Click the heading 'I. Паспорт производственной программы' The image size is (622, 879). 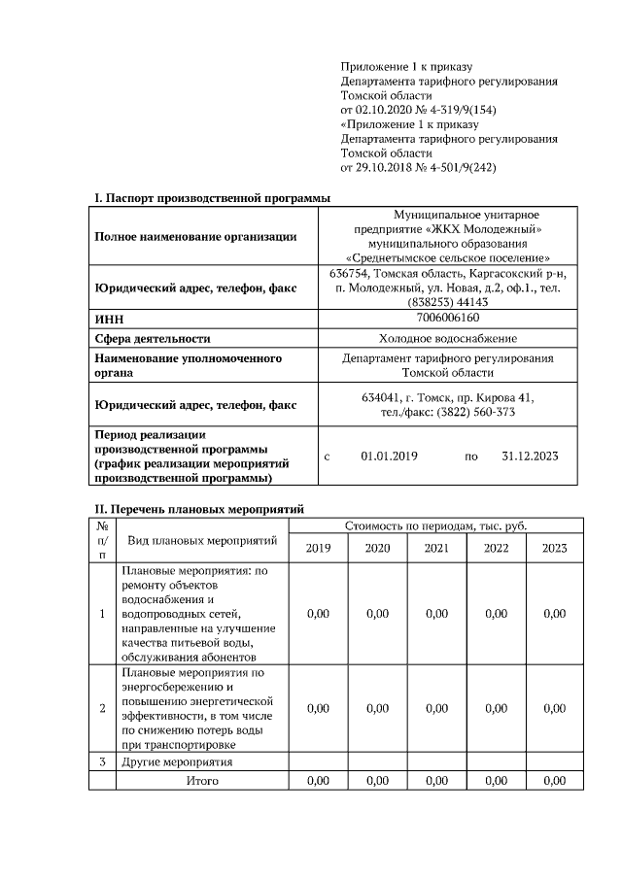coord(211,198)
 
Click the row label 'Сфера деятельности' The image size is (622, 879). coord(152,338)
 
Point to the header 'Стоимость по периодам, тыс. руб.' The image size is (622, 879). coord(435,525)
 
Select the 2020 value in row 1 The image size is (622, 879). coord(377,614)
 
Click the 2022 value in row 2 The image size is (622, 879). coord(496,708)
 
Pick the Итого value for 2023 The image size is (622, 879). coord(554,780)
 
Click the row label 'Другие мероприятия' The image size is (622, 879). coord(177,761)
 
